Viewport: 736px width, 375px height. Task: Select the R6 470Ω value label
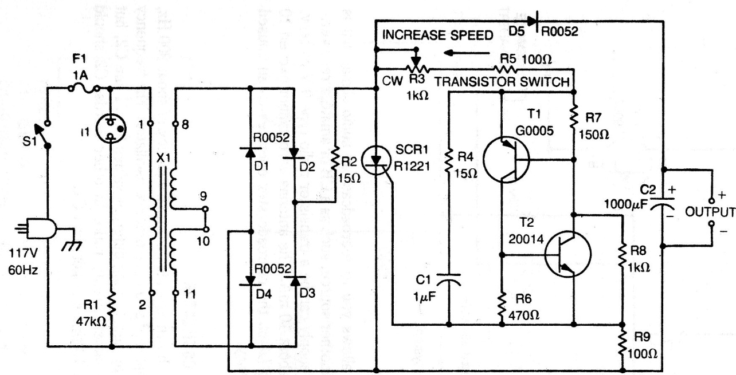click(x=523, y=315)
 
